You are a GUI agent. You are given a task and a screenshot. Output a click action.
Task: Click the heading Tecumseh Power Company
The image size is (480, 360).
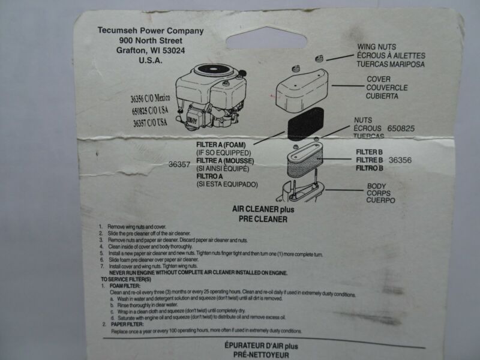(x=150, y=31)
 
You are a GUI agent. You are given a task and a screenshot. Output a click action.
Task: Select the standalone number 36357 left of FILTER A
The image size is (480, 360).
(x=180, y=163)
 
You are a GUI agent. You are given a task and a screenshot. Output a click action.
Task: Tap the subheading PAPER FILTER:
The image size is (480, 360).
(x=128, y=325)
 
